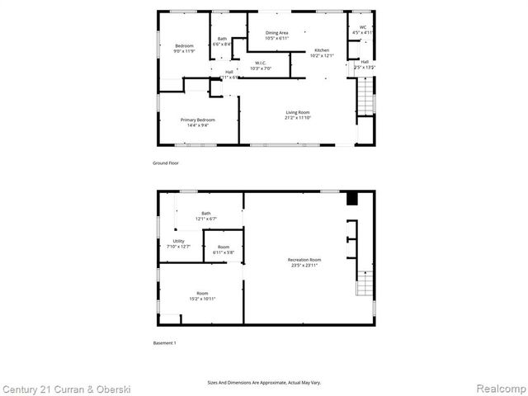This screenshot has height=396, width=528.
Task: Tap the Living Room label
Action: tap(298, 115)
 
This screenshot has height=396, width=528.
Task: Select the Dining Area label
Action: tap(276, 35)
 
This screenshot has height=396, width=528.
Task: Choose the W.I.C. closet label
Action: tap(260, 65)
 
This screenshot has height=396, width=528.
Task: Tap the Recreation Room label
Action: tap(305, 262)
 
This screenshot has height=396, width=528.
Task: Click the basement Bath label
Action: tap(205, 216)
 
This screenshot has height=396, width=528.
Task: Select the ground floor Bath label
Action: tap(222, 41)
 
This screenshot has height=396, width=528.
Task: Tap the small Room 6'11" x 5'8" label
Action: tap(224, 249)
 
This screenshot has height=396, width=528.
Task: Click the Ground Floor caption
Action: tap(166, 163)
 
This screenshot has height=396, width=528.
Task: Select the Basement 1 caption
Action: tap(165, 342)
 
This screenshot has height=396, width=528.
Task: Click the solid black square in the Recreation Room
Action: tap(352, 198)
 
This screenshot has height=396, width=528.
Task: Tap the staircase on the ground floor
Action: tap(365, 96)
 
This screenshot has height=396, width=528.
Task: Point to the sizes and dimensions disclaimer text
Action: tap(264, 382)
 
